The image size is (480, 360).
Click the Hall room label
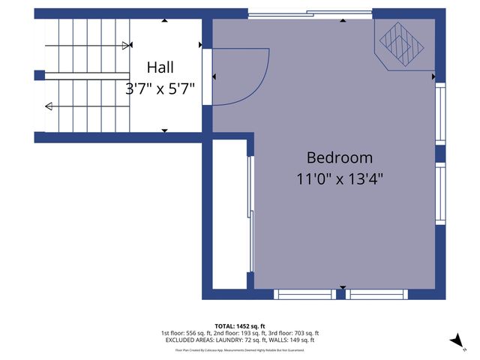160,67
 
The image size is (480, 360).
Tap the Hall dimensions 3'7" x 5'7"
160,88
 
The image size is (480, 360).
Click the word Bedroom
339,157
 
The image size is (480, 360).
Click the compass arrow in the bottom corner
456,341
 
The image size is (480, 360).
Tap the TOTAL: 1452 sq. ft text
240,325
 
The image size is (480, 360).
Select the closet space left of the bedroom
229,214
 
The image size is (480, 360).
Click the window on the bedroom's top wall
310,13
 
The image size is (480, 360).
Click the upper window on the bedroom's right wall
440,113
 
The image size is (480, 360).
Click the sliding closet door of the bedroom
251,214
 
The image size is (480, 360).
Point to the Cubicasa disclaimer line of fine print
240,349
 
